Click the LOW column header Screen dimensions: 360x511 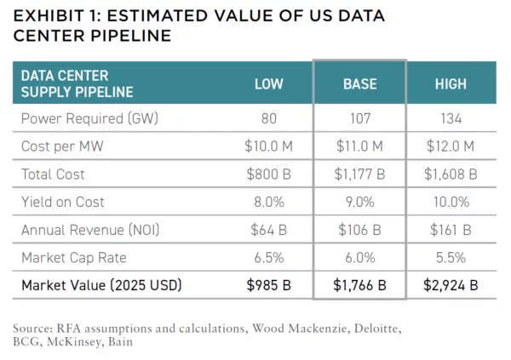pos(268,84)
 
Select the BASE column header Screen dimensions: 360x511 pos(359,84)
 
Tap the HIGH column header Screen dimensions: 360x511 pos(451,84)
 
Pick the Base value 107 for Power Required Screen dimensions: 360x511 pos(359,119)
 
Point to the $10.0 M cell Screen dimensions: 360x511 pos(268,146)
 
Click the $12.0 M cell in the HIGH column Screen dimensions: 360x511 pos(451,146)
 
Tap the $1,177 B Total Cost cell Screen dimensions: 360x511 pos(359,174)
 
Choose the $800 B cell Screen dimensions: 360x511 pos(268,174)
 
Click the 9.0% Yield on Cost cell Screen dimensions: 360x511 pos(359,202)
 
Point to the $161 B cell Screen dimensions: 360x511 pos(451,230)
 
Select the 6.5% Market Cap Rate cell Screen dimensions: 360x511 pos(268,257)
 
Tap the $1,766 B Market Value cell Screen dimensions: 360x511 pos(359,284)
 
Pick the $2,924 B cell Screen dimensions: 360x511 pos(451,284)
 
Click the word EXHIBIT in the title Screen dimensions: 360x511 pos(49,16)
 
